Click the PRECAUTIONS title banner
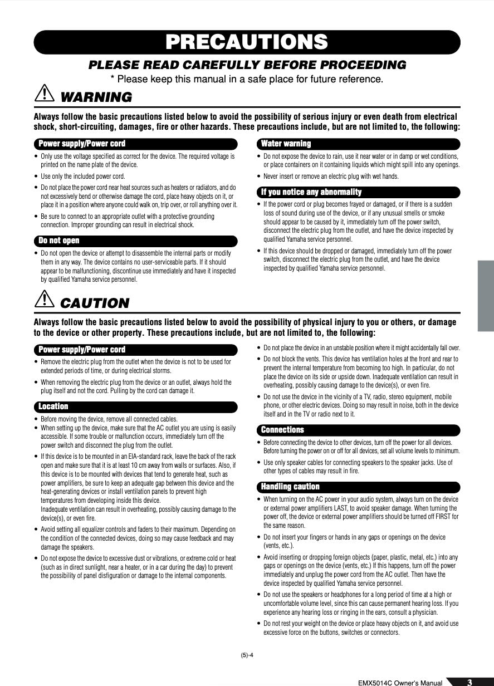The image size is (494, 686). (x=247, y=42)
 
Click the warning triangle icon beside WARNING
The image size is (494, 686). (x=44, y=95)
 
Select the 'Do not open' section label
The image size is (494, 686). (x=59, y=241)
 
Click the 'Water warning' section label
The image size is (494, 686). (x=286, y=144)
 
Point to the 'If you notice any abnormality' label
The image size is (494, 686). (x=311, y=192)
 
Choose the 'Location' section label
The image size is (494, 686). (x=53, y=406)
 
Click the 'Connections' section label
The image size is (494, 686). (x=283, y=430)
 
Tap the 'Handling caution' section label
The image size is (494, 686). (x=291, y=487)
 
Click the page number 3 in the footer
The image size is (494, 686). (x=469, y=682)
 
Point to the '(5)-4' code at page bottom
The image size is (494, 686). (x=247, y=655)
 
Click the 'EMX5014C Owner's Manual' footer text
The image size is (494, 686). (x=400, y=682)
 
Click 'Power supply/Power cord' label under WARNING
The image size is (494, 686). (x=82, y=144)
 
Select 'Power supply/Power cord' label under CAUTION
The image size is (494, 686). (x=82, y=350)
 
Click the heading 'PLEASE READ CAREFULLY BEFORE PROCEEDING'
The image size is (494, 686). (x=247, y=65)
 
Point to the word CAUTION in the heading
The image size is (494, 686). (x=94, y=303)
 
